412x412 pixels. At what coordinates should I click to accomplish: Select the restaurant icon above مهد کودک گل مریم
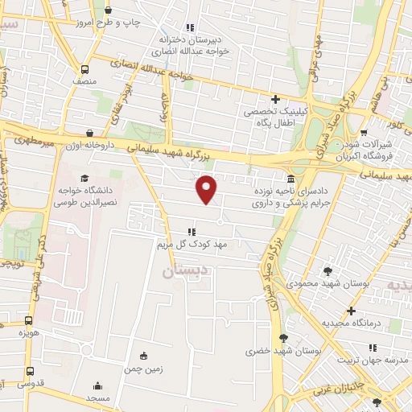(x=191, y=231)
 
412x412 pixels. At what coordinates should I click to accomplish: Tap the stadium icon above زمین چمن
(x=144, y=356)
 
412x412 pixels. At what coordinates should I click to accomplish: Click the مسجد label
(x=98, y=398)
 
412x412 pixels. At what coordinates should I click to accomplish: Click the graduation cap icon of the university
(x=84, y=178)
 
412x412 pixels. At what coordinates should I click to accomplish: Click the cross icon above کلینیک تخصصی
(x=275, y=99)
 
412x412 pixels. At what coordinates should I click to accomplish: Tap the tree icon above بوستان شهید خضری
(x=282, y=338)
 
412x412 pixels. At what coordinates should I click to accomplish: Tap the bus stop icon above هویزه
(x=30, y=319)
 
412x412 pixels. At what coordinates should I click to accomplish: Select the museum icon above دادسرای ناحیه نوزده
(x=289, y=179)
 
